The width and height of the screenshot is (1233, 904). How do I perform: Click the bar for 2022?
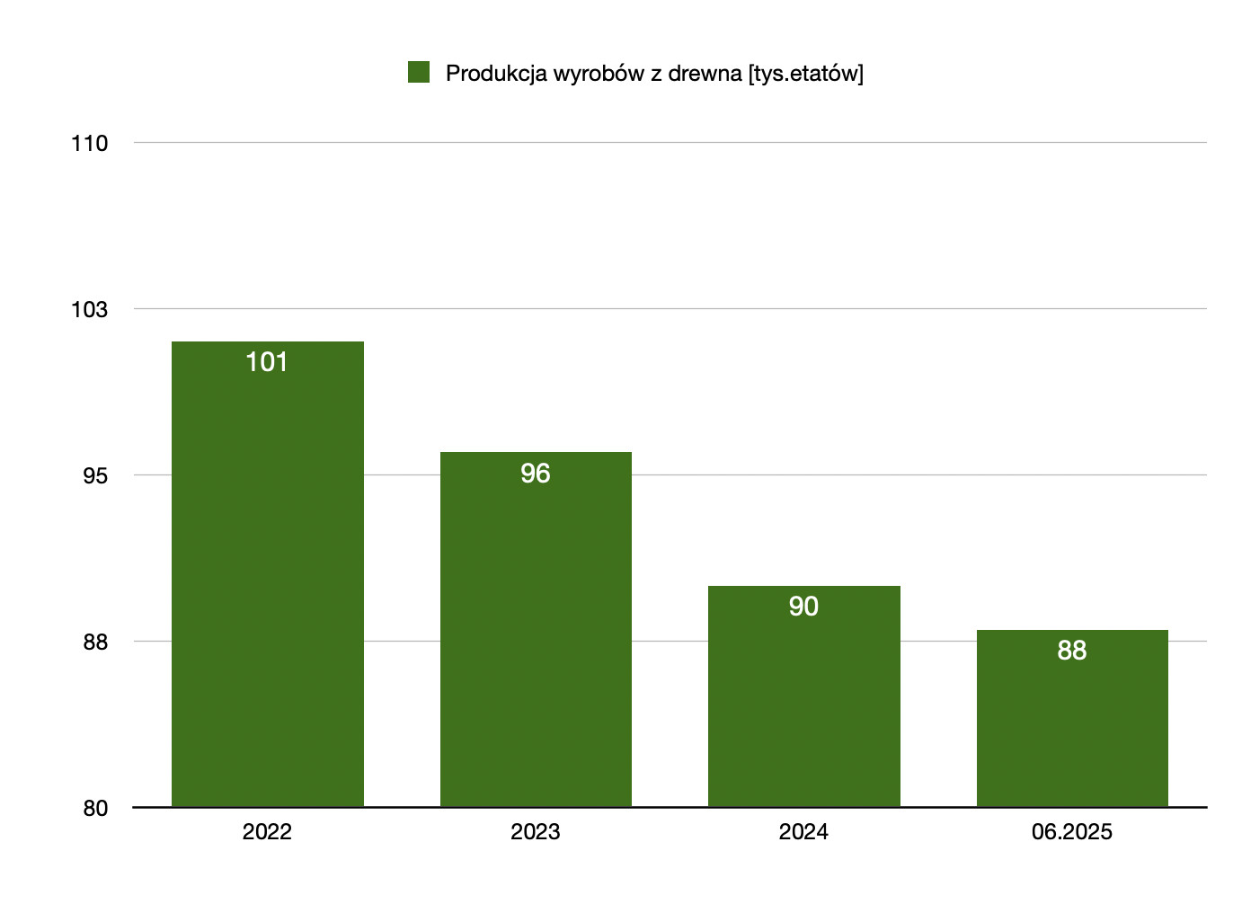point(267,575)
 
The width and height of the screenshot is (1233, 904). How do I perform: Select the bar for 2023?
point(536,629)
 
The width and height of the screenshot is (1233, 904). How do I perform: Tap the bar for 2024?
point(803,696)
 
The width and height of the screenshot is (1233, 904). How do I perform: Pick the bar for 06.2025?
point(1072,719)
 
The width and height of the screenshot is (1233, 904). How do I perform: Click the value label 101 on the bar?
point(267,362)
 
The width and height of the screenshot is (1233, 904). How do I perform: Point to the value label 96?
point(536,474)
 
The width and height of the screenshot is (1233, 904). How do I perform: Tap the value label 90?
point(803,607)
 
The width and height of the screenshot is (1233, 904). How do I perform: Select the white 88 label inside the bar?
point(1072,651)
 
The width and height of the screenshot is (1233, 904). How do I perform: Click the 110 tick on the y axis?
point(89,144)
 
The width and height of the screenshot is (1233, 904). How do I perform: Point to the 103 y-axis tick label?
point(89,310)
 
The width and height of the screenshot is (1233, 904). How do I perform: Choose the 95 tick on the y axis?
point(94,475)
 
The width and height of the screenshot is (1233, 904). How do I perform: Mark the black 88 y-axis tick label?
point(94,642)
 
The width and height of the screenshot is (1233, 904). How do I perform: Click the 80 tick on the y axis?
point(94,809)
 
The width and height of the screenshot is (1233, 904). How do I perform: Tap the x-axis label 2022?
point(267,832)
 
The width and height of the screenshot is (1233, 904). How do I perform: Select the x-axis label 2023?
point(536,832)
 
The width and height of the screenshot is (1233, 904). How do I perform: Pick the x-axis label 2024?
point(803,832)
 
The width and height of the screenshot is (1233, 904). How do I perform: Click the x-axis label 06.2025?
point(1072,832)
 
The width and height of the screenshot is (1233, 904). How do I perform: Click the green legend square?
point(419,72)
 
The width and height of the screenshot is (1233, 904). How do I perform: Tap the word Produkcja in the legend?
point(496,74)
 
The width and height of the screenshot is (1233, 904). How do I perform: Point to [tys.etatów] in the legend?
point(805,74)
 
